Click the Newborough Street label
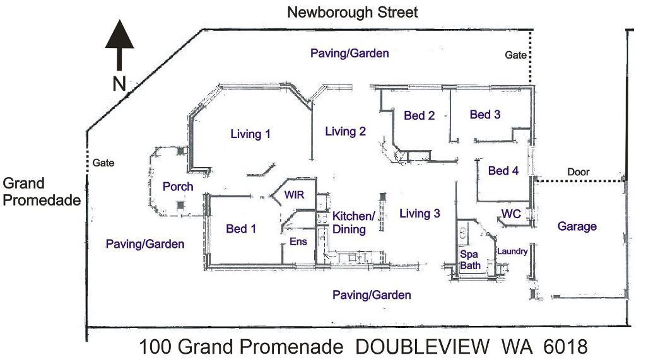point(352,13)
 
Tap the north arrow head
point(119,34)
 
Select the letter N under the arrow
point(119,84)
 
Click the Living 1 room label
point(250,134)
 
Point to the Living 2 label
point(345,131)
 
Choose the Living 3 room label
point(420,213)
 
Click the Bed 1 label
point(241,229)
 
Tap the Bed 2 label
point(419,115)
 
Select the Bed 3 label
point(485,115)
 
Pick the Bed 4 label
point(503,170)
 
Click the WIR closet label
point(294,195)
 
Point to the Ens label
point(298,241)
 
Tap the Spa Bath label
point(470,260)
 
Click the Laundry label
point(512,252)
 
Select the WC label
point(511,214)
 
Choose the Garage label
point(577,226)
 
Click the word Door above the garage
point(578,171)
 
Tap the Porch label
point(177,187)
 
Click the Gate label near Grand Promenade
point(103,163)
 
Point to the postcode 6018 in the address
point(565,347)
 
